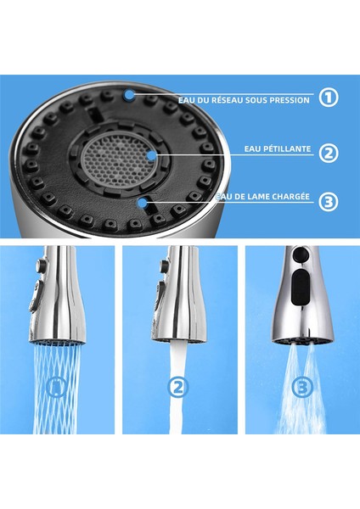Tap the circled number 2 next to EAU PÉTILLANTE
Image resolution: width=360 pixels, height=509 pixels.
(x=329, y=153)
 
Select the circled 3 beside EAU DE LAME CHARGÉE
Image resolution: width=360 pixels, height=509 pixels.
(x=329, y=202)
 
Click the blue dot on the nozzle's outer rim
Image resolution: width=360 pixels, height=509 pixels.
(x=128, y=95)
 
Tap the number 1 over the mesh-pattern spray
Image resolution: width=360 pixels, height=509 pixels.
(x=58, y=388)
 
